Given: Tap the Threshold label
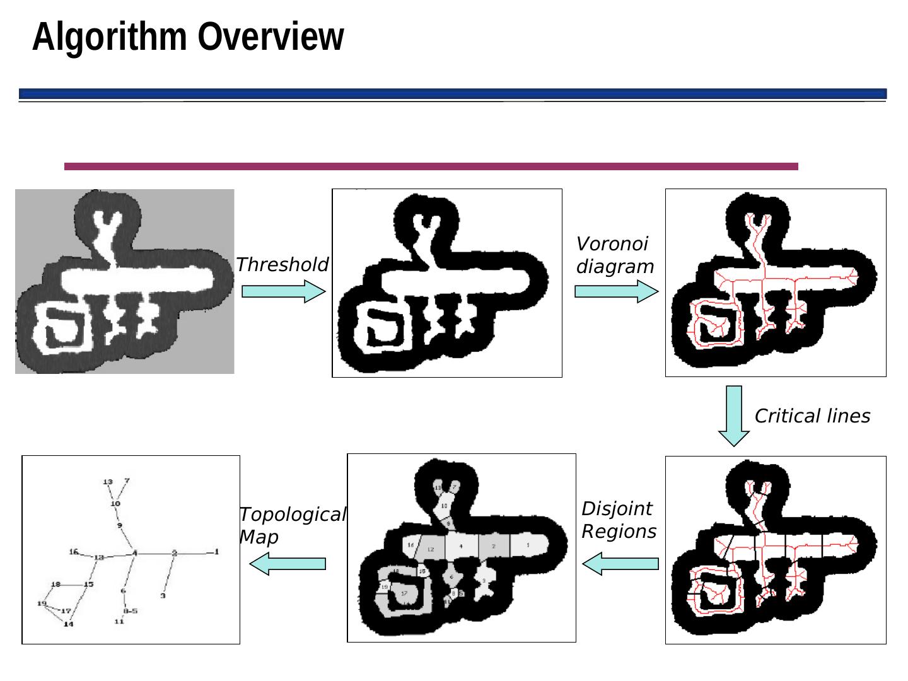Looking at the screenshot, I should point(282,265).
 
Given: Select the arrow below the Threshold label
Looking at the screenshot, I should point(283,291).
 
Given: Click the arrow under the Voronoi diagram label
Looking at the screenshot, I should point(616,291).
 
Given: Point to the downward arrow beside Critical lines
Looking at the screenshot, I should point(733,416).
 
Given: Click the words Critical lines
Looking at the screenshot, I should point(812,416).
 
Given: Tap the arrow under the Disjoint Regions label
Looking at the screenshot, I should point(620,563).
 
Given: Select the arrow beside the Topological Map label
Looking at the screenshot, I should point(288,563).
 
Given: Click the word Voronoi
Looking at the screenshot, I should point(612,244).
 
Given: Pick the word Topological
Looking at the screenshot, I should point(293,515).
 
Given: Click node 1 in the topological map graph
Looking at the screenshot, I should point(216,552).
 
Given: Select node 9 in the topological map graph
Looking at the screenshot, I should point(119,525).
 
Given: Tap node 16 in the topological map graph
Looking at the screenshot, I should point(73,552).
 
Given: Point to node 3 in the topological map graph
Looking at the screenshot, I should point(163,595).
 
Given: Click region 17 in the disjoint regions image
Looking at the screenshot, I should point(404,593).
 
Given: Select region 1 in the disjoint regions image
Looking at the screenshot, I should point(527,545).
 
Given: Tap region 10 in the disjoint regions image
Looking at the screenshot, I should point(444,506).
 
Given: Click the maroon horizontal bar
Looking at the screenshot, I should point(431,166).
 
